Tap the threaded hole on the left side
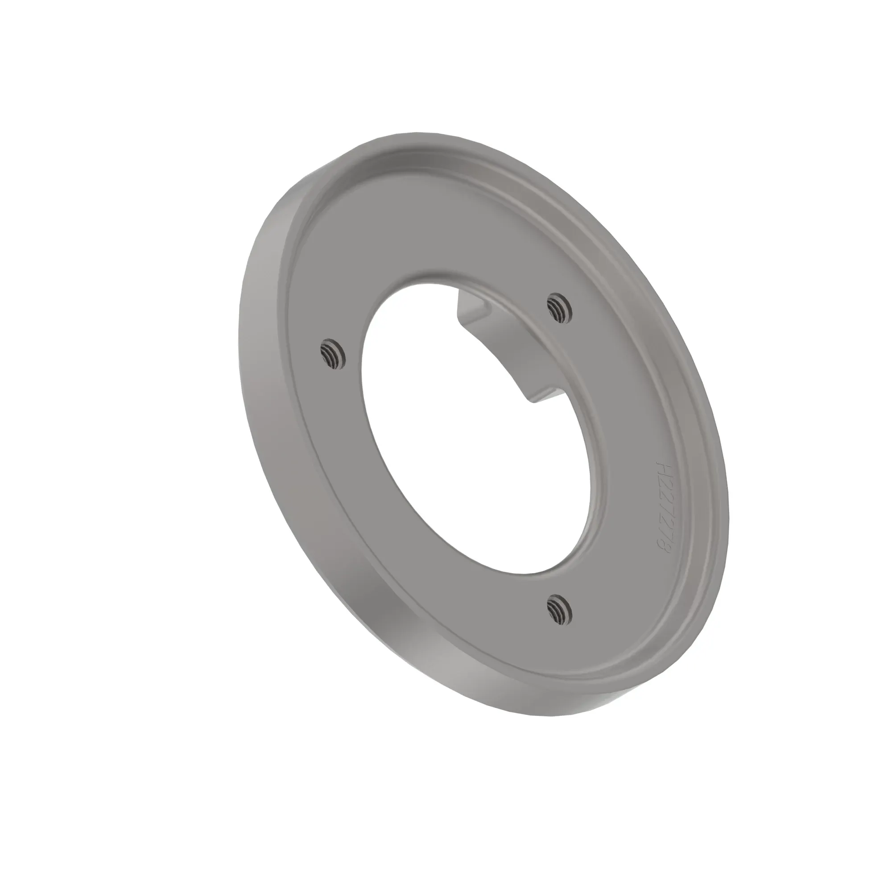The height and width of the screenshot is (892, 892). point(332,355)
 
